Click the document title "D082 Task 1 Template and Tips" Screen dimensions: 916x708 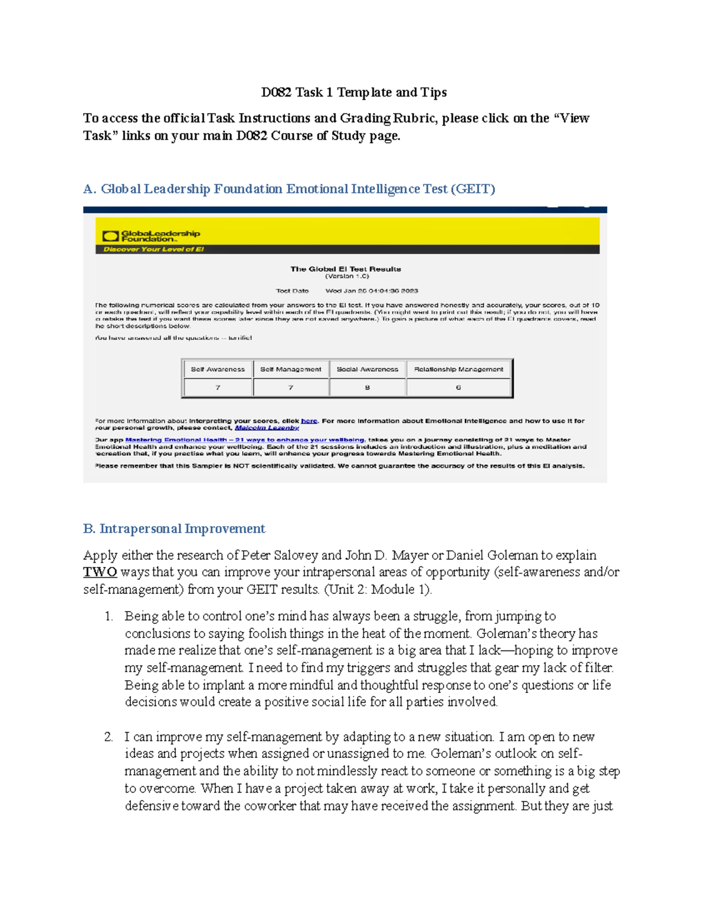pos(354,93)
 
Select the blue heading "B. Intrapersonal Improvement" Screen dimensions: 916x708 pos(174,528)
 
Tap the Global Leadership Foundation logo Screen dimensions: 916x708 pos(152,236)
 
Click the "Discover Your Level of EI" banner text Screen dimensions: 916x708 pos(153,249)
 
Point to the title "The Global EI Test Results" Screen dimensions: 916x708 pos(345,269)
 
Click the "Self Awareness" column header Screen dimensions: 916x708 pos(218,369)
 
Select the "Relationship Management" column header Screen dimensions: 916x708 pos(458,369)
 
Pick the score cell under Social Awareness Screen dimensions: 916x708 pos(367,388)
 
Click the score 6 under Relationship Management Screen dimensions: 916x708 pos(458,388)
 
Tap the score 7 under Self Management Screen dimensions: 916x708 pos(290,388)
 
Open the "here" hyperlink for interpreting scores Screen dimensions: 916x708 pos(309,421)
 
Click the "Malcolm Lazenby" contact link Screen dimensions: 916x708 pos(267,428)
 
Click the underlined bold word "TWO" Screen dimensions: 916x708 pos(100,572)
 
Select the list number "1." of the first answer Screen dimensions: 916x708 pos(109,616)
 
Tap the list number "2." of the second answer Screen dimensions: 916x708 pos(109,737)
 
